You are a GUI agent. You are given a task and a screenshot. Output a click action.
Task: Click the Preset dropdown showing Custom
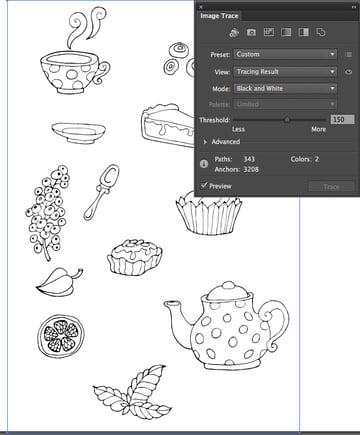tap(285, 54)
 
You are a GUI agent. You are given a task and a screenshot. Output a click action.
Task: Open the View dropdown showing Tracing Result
tap(285, 72)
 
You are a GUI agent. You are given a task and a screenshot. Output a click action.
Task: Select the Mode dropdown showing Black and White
tap(285, 89)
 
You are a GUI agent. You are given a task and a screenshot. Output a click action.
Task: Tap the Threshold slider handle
tap(287, 119)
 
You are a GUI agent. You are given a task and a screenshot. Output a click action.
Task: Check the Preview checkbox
tap(204, 185)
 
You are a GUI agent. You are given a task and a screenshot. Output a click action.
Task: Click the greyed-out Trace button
tap(331, 187)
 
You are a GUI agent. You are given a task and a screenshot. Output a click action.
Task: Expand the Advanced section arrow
tap(205, 142)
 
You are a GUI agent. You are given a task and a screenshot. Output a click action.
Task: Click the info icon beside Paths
tap(205, 162)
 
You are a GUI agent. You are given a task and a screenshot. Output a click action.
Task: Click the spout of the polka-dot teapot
tap(178, 319)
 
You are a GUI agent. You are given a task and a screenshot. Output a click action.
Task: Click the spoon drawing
tap(101, 190)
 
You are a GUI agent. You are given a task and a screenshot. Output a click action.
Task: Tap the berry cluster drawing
tap(45, 215)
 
